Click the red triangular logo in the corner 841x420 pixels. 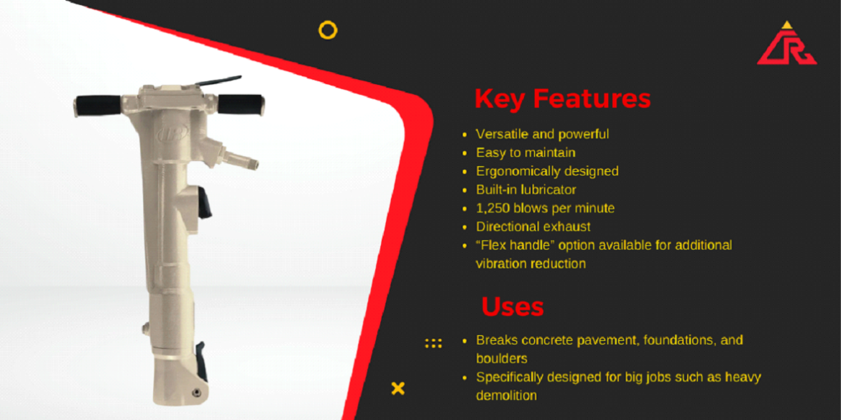pyautogui.click(x=787, y=45)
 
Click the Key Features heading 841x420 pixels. pyautogui.click(x=563, y=99)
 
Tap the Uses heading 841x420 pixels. pyautogui.click(x=513, y=306)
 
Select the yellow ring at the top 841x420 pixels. pyautogui.click(x=328, y=29)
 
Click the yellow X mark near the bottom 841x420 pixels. pyautogui.click(x=398, y=388)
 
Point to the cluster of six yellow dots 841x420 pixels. pyautogui.click(x=433, y=343)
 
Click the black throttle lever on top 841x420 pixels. pyautogui.click(x=218, y=82)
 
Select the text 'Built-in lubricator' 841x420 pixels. pyautogui.click(x=526, y=189)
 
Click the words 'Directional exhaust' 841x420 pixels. pyautogui.click(x=533, y=227)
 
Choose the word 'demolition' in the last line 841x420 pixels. pyautogui.click(x=506, y=396)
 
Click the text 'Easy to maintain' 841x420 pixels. pyautogui.click(x=525, y=152)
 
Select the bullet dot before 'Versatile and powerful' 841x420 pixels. pyautogui.click(x=465, y=134)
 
